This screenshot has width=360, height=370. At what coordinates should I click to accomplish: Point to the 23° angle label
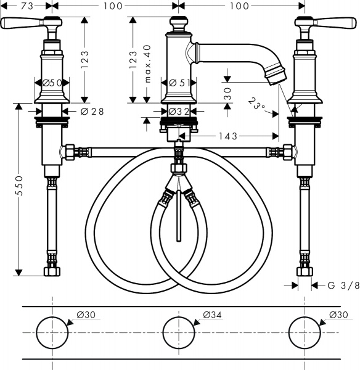click(258, 104)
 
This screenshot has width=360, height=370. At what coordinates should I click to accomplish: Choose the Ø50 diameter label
click(52, 83)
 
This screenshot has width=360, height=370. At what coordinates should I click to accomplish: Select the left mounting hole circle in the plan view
click(52, 332)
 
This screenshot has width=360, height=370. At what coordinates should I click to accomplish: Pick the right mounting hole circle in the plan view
click(304, 332)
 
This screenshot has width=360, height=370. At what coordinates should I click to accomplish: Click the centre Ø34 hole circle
click(178, 332)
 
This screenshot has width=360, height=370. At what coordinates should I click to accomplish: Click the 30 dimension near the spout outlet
click(227, 94)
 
